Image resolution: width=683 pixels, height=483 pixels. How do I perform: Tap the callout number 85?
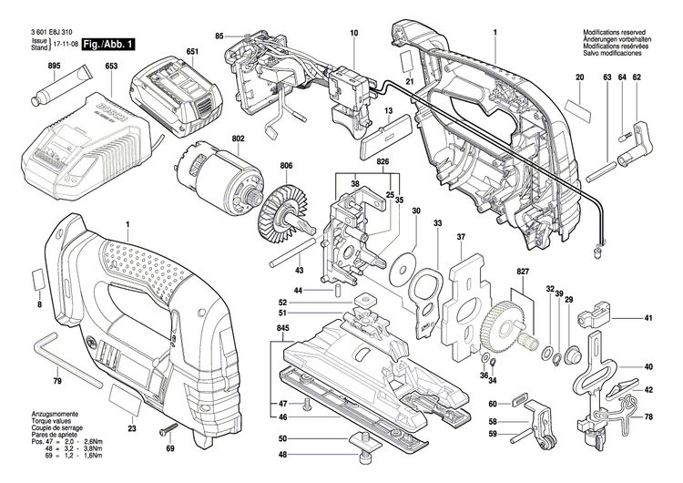click(219, 36)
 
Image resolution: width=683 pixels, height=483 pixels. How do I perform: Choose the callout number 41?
click(648, 319)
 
